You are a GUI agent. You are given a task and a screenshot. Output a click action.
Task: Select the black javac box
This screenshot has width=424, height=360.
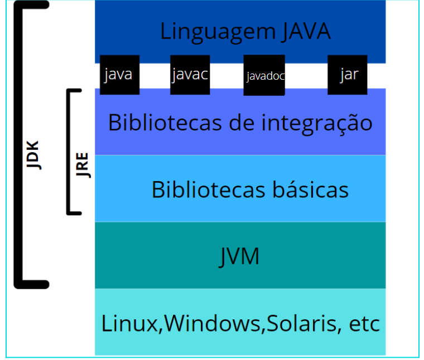click(x=190, y=75)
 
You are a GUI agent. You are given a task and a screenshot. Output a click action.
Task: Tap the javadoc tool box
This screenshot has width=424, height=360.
click(x=264, y=75)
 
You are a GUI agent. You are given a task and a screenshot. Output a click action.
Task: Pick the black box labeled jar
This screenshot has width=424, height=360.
click(x=347, y=75)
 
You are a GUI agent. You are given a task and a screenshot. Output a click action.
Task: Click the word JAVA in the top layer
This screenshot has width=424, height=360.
click(x=306, y=31)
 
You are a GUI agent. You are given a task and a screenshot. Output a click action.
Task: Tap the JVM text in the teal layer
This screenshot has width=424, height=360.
click(x=239, y=256)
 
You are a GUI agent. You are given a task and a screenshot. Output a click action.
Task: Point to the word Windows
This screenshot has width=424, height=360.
click(x=213, y=323)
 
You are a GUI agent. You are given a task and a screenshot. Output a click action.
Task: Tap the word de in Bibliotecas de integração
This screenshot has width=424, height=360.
click(x=240, y=123)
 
